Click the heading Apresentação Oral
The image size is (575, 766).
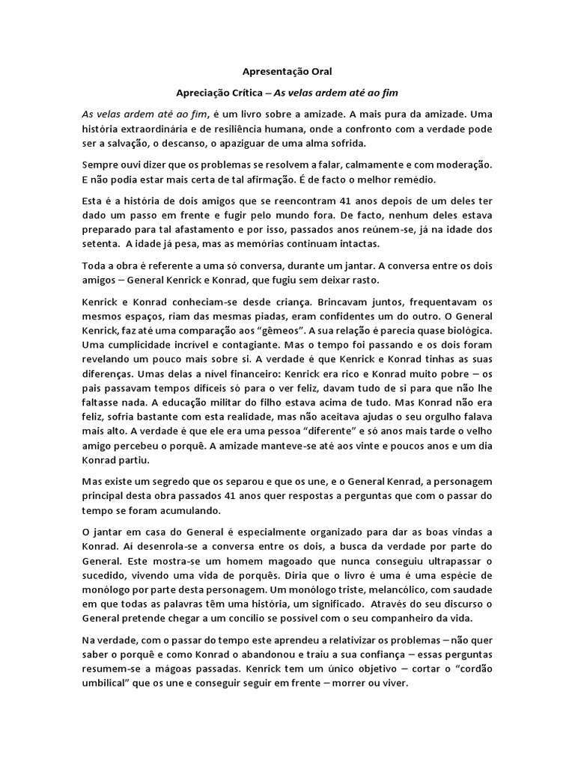287,72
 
